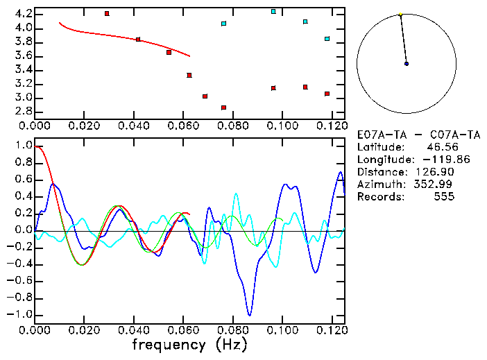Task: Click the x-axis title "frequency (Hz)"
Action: (189, 345)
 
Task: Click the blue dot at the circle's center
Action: (407, 64)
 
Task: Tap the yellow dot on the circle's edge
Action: (400, 15)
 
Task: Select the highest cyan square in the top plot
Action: (273, 12)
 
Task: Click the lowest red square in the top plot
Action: (223, 108)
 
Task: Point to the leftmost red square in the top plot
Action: (107, 14)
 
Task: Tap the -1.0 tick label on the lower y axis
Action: (19, 314)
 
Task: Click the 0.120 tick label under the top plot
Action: (330, 126)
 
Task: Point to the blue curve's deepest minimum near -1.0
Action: (248, 314)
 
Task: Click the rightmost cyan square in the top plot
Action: (327, 39)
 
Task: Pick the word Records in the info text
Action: (378, 197)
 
